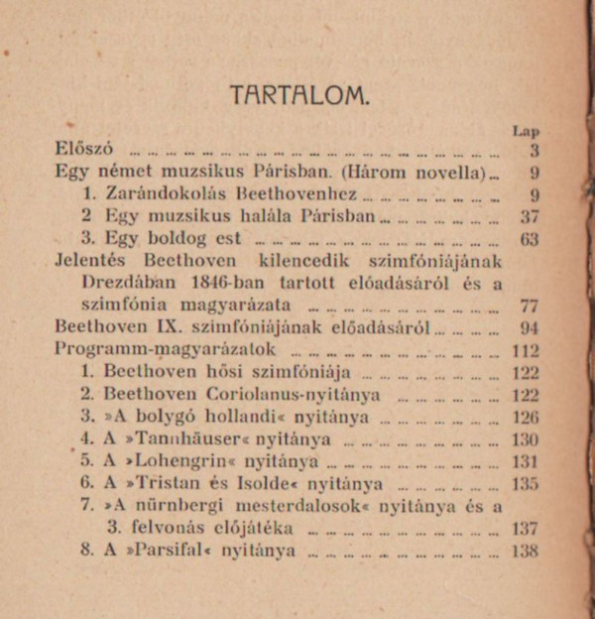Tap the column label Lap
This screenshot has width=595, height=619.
coord(526,130)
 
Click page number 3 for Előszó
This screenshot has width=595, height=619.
coord(534,151)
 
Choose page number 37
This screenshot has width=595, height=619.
coord(529,217)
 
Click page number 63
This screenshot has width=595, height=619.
coord(529,239)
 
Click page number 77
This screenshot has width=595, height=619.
coord(529,306)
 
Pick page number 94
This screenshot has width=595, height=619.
coord(529,328)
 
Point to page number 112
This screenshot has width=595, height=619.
coord(526,351)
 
